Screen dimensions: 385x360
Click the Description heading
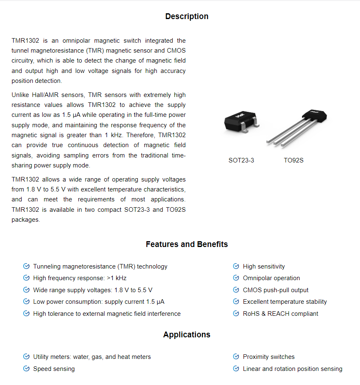pos(187,17)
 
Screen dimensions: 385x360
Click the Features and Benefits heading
pos(187,245)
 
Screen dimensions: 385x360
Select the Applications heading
pos(187,335)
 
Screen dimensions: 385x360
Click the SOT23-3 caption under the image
pos(241,160)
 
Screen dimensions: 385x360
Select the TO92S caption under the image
pos(294,160)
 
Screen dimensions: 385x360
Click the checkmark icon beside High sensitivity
pos(236,266)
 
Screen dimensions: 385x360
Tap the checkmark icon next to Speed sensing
pos(26,368)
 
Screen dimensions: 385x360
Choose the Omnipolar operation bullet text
pos(271,278)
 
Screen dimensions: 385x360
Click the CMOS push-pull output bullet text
pos(275,290)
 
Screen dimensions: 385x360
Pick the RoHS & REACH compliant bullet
pos(280,314)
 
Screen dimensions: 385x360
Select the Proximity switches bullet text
pos(269,357)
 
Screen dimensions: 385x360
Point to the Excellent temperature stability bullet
pos(285,302)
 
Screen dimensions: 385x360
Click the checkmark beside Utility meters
pos(26,357)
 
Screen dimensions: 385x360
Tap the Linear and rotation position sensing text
pos(292,369)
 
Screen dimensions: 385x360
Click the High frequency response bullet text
pos(80,278)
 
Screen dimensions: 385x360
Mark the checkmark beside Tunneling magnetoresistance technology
pos(26,266)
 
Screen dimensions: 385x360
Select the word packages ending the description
pos(25,220)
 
